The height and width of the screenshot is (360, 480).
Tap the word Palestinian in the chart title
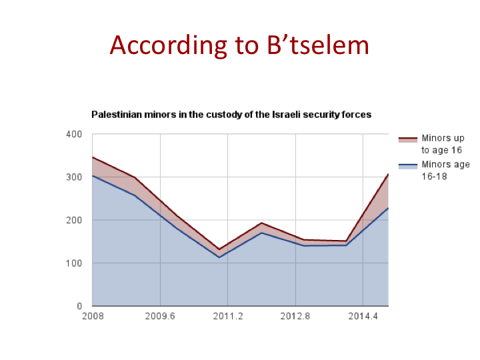click(117, 115)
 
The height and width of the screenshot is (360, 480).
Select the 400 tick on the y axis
click(74, 134)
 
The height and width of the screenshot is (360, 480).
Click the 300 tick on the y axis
click(74, 177)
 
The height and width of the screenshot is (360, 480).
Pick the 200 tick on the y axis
click(74, 220)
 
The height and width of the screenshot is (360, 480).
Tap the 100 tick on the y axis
click(74, 263)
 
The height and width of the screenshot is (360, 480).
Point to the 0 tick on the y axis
click(79, 306)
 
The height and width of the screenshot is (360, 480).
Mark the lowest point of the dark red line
click(219, 249)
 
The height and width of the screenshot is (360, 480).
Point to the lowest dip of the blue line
click(219, 257)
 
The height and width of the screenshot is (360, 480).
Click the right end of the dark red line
click(388, 175)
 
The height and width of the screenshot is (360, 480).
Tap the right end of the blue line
click(388, 208)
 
